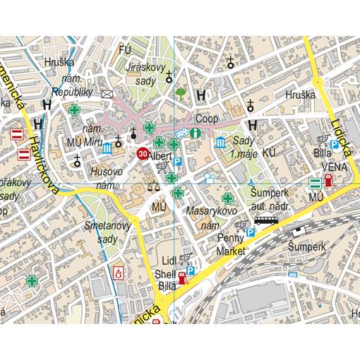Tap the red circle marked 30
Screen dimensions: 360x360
click(x=143, y=153)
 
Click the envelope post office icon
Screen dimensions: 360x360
click(x=107, y=93)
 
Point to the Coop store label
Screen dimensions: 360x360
click(x=206, y=119)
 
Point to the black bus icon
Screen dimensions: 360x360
click(x=266, y=220)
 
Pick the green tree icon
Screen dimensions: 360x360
click(x=181, y=92)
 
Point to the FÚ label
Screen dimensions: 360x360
click(x=126, y=50)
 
